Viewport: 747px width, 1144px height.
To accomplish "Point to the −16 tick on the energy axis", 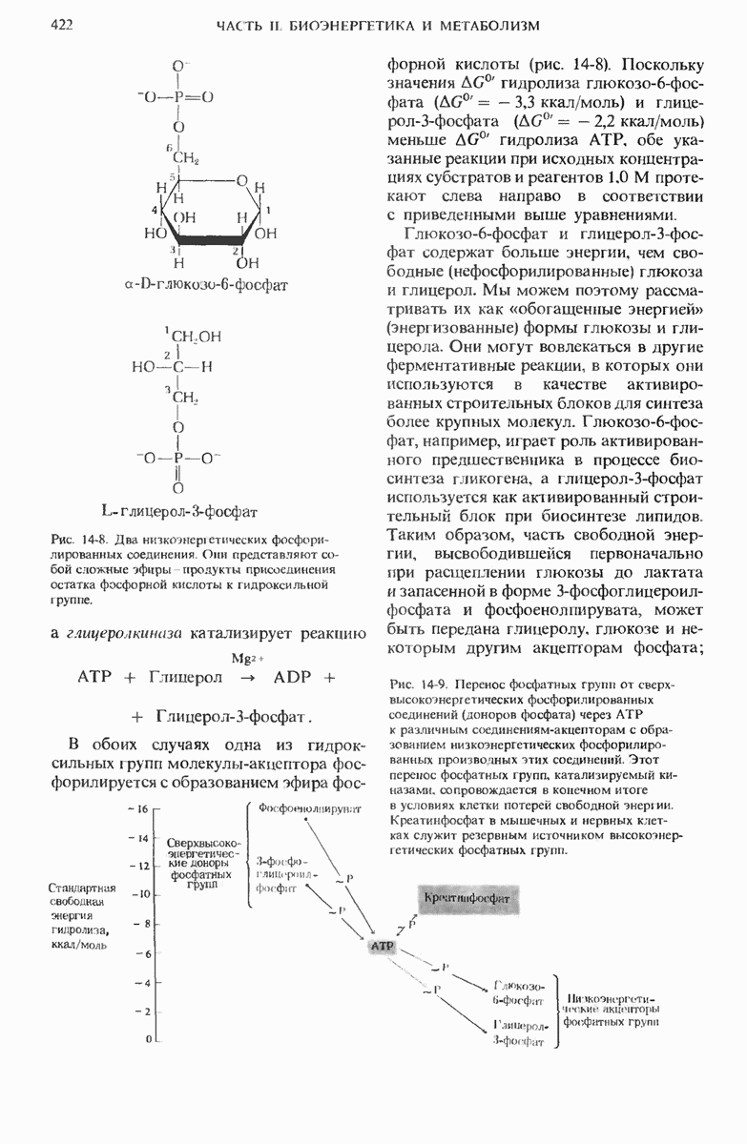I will point(139,808).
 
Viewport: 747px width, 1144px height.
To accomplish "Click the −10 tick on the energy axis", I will point(139,894).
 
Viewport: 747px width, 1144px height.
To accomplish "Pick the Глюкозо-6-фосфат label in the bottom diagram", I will point(519,992).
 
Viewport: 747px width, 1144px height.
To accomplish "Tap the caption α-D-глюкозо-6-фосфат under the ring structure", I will point(207,283).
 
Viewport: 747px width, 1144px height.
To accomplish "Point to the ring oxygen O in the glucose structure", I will point(243,180).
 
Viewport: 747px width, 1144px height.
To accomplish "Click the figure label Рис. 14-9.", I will point(419,684).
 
